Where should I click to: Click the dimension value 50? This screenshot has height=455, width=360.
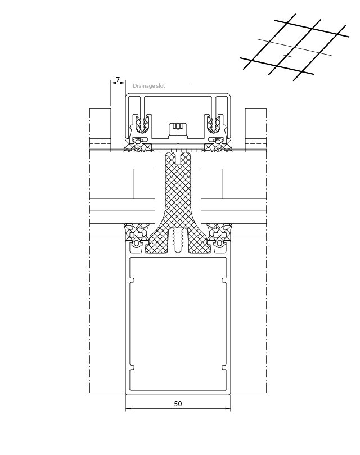(178, 403)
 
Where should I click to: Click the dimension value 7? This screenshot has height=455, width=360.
(118, 79)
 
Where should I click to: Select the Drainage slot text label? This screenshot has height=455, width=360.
(148, 86)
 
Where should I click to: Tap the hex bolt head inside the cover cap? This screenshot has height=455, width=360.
(177, 126)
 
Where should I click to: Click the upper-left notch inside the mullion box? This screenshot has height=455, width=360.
(132, 280)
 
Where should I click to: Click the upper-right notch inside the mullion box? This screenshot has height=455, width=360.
(224, 280)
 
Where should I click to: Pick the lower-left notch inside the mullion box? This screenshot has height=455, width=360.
(132, 367)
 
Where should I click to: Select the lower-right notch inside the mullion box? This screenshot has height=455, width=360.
(224, 367)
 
